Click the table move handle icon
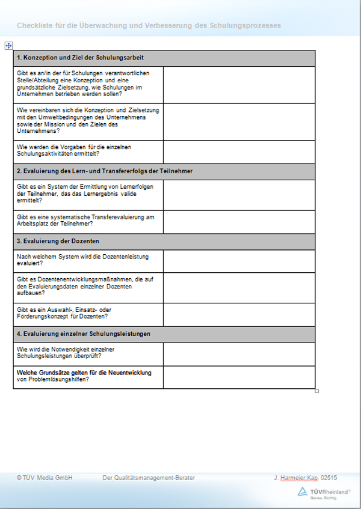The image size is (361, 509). tap(8, 46)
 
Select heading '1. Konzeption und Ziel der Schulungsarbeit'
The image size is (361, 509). tap(80, 58)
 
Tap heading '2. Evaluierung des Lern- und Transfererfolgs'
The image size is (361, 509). tap(105, 171)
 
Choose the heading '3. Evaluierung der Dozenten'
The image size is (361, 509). tap(58, 241)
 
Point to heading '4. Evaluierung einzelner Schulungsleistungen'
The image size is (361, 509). tap(84, 334)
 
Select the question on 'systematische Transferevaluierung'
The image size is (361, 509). tap(78, 220)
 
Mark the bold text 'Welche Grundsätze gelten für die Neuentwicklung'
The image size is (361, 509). tap(84, 373)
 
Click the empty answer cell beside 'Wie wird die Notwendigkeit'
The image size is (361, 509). tap(239, 353)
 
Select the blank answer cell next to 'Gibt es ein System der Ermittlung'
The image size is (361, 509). tap(239, 195)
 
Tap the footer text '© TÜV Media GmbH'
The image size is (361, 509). tap(45, 478)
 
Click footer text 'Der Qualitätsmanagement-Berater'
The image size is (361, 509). tap(149, 478)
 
